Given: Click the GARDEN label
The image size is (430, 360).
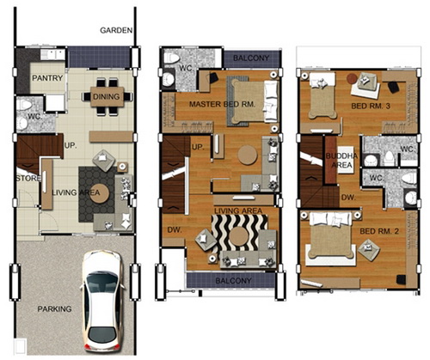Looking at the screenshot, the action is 116,30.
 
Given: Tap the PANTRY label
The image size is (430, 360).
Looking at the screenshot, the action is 47,78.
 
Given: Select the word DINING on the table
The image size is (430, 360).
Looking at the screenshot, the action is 106,97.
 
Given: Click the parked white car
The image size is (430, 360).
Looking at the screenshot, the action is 102,301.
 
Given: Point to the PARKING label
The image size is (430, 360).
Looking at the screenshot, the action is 54,309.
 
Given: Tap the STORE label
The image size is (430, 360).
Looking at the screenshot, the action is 28,179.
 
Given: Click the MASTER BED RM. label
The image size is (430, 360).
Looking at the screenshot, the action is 222,104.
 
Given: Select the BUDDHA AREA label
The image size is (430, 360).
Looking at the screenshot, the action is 341,161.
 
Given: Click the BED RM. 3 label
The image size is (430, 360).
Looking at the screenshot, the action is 371,107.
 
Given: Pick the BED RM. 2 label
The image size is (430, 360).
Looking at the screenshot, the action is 379,231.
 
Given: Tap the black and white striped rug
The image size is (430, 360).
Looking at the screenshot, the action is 240,233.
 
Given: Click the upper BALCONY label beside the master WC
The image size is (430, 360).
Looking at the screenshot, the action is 251,58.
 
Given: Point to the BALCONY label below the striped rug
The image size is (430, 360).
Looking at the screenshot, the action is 233,281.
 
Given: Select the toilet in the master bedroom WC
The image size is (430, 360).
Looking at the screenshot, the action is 171,58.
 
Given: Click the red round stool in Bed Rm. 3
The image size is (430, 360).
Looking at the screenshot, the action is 352,78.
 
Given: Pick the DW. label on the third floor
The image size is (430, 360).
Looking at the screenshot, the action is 348,198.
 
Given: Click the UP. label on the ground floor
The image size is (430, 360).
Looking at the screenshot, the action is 71,145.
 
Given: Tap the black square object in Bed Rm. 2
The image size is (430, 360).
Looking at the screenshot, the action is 401,279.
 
